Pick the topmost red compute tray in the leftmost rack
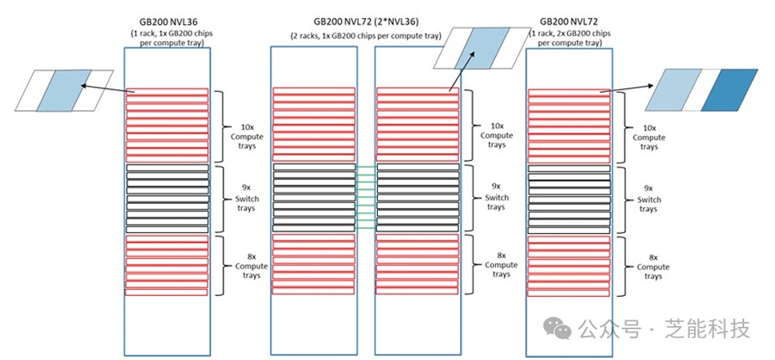[x=167, y=91]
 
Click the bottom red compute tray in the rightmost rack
[x=567, y=292]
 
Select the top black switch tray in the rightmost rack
[x=567, y=168]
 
